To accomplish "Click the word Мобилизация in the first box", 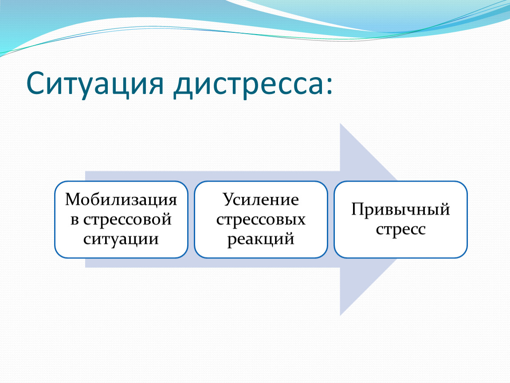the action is pyautogui.click(x=121, y=199).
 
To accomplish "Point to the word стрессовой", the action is pyautogui.click(x=127, y=220).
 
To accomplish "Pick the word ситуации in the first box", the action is pyautogui.click(x=121, y=240).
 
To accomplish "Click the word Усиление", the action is pyautogui.click(x=261, y=199).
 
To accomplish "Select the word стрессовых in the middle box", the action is pyautogui.click(x=261, y=220).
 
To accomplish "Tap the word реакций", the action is pyautogui.click(x=261, y=240).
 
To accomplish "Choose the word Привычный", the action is pyautogui.click(x=400, y=209).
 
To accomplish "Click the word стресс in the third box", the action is pyautogui.click(x=401, y=230).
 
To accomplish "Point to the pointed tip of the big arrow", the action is pyautogui.click(x=435, y=219).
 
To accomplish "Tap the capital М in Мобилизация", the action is pyautogui.click(x=73, y=199).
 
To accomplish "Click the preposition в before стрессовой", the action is pyautogui.click(x=75, y=220).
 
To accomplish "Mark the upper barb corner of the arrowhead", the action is pyautogui.click(x=340, y=124).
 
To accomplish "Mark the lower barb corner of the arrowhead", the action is pyautogui.click(x=340, y=315).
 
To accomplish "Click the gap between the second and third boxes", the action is pyautogui.click(x=331, y=219).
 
